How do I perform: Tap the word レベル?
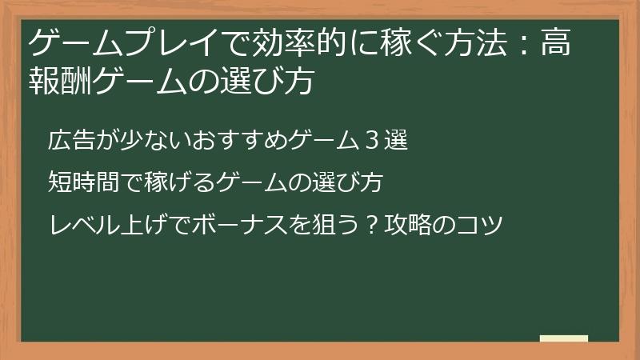click(77, 224)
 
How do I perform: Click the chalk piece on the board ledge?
click(564, 338)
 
